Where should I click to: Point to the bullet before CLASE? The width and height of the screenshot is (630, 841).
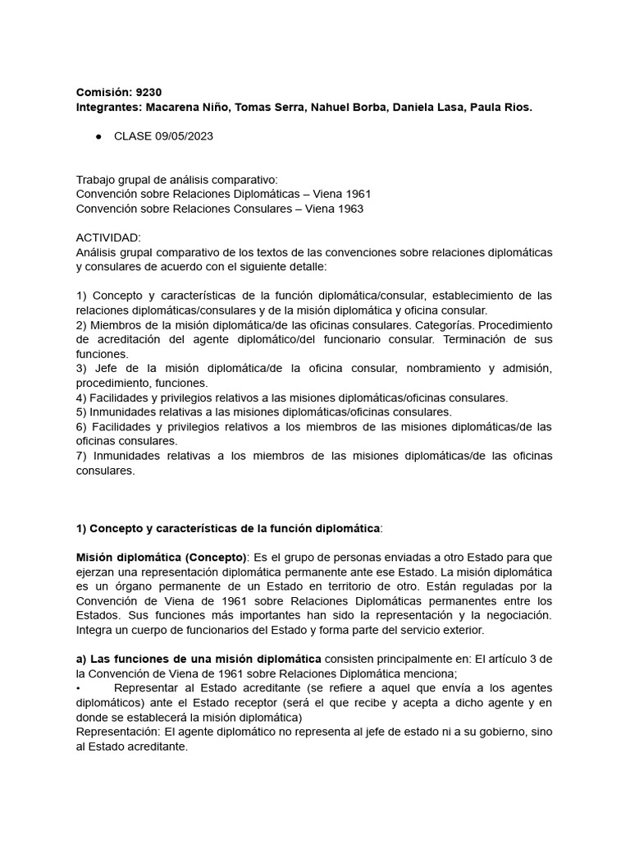click(x=98, y=136)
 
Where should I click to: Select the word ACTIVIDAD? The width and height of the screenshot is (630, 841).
click(x=107, y=237)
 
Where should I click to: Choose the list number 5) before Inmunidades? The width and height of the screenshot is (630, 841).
click(x=81, y=412)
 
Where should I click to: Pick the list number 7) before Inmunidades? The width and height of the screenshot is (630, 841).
click(x=81, y=456)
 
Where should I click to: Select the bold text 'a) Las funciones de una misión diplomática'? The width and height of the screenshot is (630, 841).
click(x=199, y=658)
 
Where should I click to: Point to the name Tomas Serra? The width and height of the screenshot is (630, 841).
click(x=269, y=108)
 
